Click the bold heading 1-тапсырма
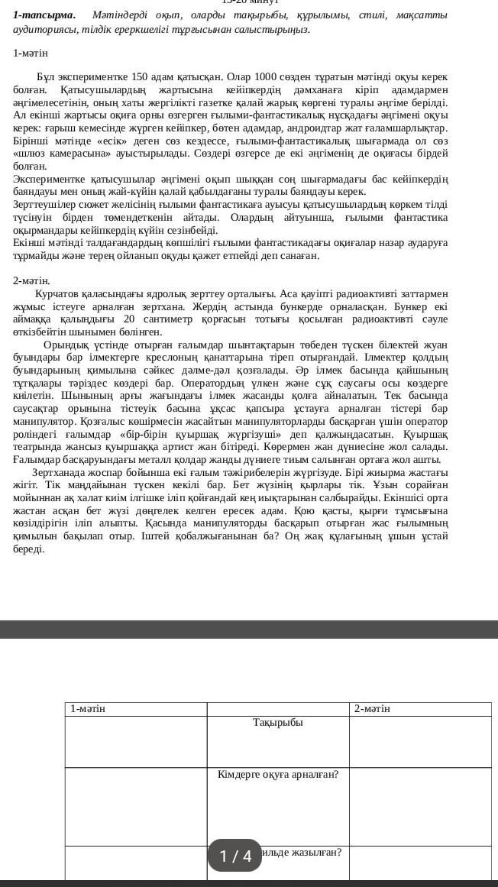tap(44, 15)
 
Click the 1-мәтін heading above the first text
tap(31, 53)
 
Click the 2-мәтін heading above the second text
tap(31, 280)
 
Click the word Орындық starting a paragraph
tap(65, 345)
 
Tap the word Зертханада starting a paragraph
tap(63, 472)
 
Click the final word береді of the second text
tap(28, 549)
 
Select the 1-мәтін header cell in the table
tap(87, 709)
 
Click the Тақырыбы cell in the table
tap(278, 723)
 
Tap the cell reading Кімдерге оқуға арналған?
tap(278, 775)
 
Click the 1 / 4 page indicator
tap(234, 856)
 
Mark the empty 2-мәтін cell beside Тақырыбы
tap(420, 741)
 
